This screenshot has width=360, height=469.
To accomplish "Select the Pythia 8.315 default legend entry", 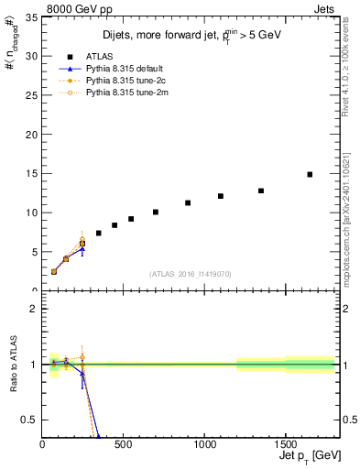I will coord(123,69).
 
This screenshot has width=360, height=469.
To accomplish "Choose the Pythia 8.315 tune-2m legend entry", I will coord(123,93).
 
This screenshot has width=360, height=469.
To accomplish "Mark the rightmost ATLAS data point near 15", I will coord(310,174).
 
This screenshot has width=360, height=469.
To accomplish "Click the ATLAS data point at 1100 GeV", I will coord(220,196).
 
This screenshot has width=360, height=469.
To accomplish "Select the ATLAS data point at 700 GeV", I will coord(156,212).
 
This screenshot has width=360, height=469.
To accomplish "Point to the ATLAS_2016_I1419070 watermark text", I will coord(191,274).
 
